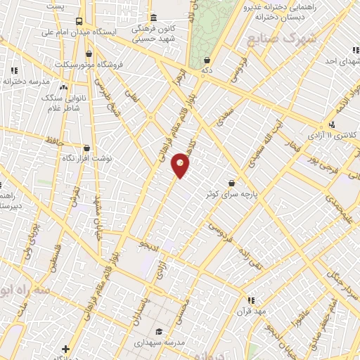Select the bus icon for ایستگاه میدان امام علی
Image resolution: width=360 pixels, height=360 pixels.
(x=78, y=22)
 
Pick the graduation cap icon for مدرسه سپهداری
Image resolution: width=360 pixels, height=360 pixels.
(x=160, y=332)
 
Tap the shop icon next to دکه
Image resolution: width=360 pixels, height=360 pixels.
(x=207, y=60)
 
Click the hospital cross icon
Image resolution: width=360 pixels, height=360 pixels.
(x=65, y=349)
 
